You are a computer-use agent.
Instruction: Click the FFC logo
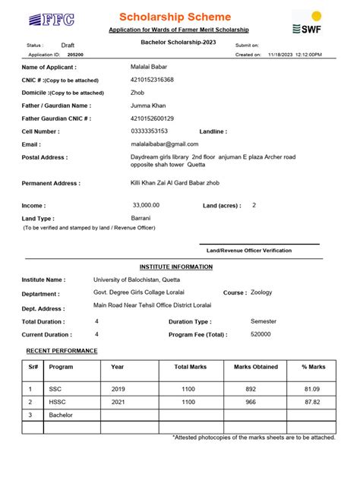[46, 21]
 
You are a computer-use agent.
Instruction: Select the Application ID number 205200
[75, 55]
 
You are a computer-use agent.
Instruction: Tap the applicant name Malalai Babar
[150, 68]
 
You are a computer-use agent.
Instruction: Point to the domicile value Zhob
[137, 92]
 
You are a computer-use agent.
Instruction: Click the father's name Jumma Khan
[148, 106]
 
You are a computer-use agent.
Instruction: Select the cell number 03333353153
[150, 131]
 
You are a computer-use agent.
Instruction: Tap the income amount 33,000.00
[146, 205]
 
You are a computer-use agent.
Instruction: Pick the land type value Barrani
[141, 217]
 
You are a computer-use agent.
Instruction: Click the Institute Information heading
[176, 267]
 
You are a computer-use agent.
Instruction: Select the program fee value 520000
[261, 334]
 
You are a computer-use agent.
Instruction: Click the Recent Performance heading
[62, 350]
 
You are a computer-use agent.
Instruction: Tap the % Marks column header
[313, 367]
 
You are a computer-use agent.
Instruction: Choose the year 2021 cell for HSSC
[118, 402]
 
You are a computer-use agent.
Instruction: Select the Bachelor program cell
[61, 415]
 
